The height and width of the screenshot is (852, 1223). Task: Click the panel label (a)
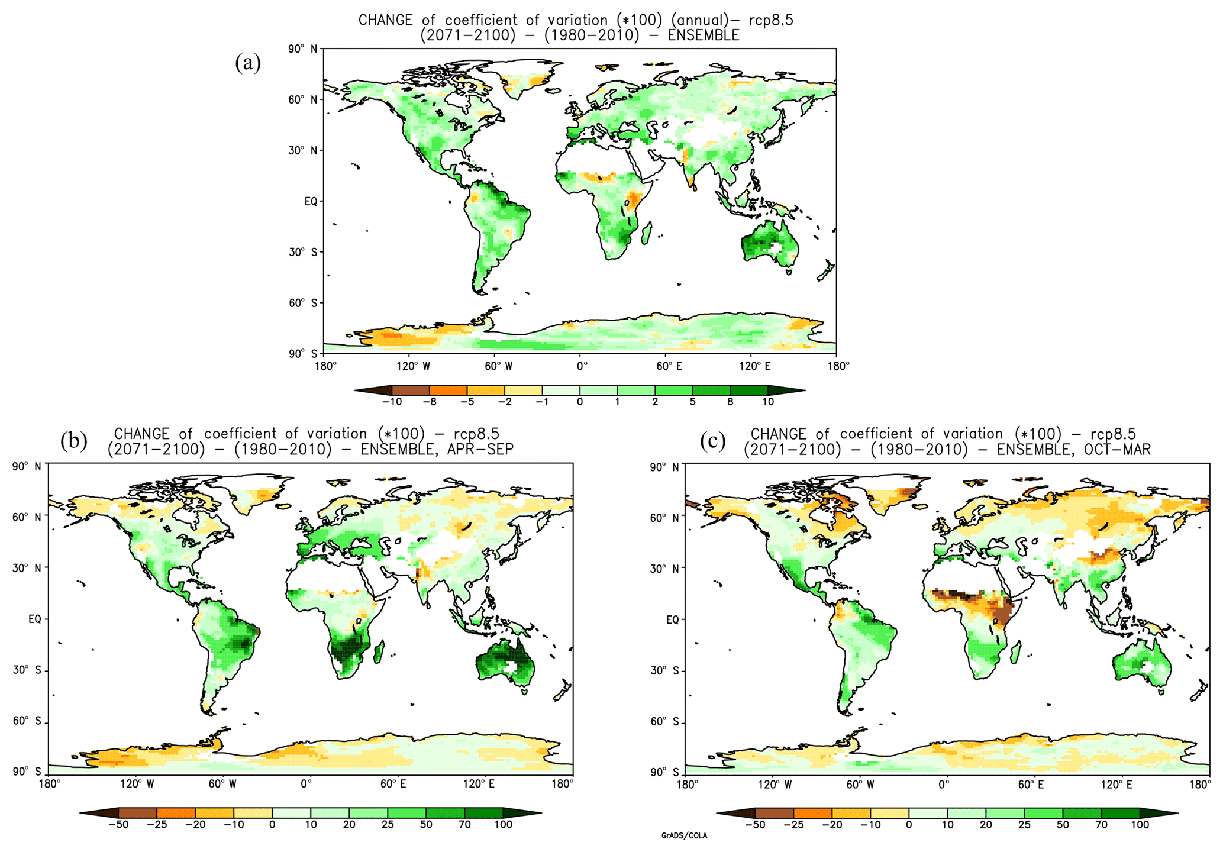tap(248, 62)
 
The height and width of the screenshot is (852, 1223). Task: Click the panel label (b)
tap(74, 441)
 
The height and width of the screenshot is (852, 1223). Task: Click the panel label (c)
tap(712, 441)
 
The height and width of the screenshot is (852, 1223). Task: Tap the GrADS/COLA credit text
tap(684, 836)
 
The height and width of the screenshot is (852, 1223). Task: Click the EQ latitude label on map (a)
tap(311, 202)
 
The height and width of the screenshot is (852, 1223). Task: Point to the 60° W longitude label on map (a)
tap(498, 366)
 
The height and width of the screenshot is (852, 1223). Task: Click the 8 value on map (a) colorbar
tap(730, 402)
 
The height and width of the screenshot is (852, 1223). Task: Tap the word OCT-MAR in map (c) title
tap(1117, 450)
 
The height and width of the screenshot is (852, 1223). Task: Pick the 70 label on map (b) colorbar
tap(464, 825)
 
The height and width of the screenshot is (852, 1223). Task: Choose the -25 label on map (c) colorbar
tap(793, 825)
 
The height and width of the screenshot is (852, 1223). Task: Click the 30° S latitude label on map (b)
tap(27, 670)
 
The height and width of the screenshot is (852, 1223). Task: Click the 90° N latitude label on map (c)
tap(664, 467)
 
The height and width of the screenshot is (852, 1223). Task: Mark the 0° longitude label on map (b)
tap(306, 785)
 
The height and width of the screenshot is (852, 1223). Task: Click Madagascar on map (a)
tap(647, 232)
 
